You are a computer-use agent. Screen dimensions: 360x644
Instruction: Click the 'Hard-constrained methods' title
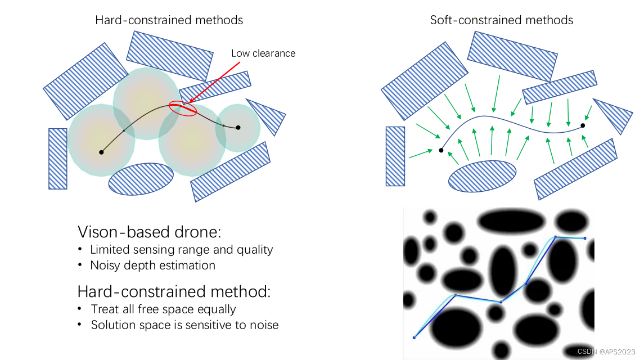(x=169, y=20)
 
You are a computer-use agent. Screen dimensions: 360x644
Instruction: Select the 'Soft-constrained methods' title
(x=502, y=20)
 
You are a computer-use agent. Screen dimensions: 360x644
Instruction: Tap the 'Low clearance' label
(x=263, y=53)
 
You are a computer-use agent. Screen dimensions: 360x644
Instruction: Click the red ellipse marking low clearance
(x=183, y=109)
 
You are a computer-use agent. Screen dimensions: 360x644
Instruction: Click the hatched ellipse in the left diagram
(x=141, y=179)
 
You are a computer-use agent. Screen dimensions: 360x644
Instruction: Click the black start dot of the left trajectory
(x=101, y=152)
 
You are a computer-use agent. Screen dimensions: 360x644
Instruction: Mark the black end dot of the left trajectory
(x=238, y=128)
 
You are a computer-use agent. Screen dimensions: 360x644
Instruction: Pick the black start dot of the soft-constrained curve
(x=441, y=150)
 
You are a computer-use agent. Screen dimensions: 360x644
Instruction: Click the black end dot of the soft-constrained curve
(x=583, y=125)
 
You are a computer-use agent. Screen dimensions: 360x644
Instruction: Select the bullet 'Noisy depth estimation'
(x=152, y=265)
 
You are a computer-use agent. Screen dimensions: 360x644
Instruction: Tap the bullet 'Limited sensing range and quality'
(x=181, y=249)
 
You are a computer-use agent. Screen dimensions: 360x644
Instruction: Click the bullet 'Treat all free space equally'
(x=163, y=309)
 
